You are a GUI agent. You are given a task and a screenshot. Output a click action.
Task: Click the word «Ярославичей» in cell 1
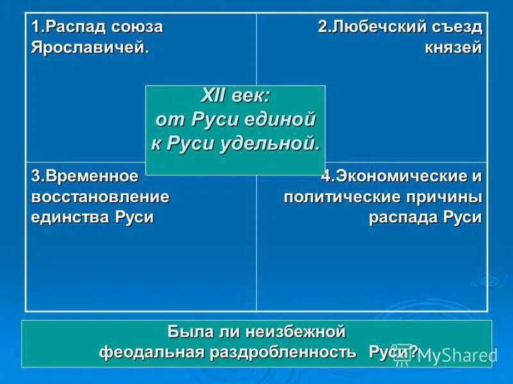[94, 49]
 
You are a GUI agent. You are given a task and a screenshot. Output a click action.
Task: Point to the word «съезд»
[457, 28]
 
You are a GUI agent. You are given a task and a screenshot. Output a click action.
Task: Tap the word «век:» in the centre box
[251, 95]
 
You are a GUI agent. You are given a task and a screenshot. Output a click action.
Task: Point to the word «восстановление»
[101, 196]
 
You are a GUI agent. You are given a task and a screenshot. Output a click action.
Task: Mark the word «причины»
[446, 196]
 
